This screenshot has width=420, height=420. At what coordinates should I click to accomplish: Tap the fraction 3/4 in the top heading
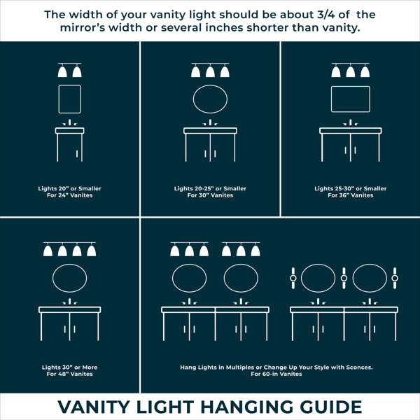(x=326, y=15)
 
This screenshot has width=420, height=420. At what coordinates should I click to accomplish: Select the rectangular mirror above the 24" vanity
(x=59, y=99)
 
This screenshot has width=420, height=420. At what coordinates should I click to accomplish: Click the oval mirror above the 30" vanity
(x=193, y=99)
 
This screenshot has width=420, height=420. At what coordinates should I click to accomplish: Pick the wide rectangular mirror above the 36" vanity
(x=331, y=99)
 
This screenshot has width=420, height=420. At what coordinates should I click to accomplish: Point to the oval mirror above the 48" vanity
(x=52, y=278)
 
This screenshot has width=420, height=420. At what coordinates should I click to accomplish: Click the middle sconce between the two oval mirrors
(x=344, y=278)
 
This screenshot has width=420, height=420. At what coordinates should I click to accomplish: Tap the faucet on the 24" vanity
(x=69, y=122)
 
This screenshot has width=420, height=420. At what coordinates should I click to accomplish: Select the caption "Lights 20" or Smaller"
(x=69, y=188)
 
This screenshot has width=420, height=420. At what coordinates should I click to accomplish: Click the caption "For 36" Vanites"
(x=351, y=195)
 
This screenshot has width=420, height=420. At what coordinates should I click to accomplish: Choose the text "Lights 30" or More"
(x=69, y=367)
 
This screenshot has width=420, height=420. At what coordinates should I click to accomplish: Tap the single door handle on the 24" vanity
(x=77, y=153)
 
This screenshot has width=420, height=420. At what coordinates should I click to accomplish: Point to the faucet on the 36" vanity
(x=351, y=122)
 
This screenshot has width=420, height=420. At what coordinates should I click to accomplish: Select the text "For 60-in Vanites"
(x=276, y=374)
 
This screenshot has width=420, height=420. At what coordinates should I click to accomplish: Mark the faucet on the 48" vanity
(x=69, y=301)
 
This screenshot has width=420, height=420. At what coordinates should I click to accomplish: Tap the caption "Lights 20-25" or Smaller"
(x=210, y=188)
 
